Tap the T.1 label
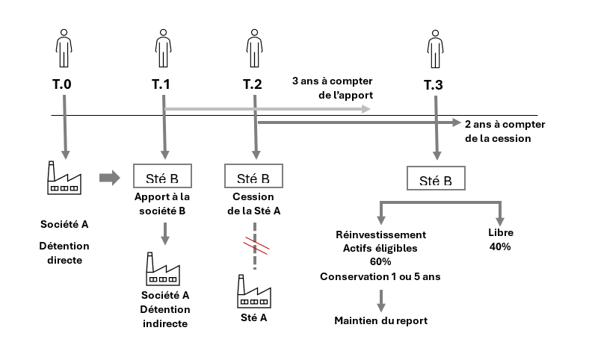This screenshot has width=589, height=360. (161, 84)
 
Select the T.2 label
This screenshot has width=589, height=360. (253, 84)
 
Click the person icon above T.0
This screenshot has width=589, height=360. (64, 47)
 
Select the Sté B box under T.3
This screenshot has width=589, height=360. (435, 180)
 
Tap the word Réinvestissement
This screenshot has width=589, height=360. (381, 234)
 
